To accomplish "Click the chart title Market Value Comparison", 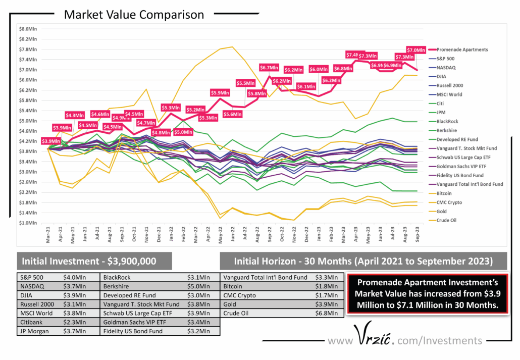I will pos(134,15).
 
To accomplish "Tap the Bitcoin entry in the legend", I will pos(444,193).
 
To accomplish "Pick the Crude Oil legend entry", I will pos(447,220).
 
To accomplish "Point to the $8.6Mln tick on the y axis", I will pos(27,29).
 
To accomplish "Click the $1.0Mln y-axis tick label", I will pos(27,223).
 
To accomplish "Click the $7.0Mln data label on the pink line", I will pos(415,50).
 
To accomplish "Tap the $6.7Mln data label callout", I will pos(269,68).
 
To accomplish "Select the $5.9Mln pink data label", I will pos(220,92).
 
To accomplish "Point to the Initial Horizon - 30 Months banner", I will pos(356,261).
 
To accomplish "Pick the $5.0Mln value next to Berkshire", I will pos(197,286).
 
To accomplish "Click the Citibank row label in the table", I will pos(33,323).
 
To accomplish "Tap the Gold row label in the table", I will pos(231,304).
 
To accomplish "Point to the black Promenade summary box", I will pos(427,294).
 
